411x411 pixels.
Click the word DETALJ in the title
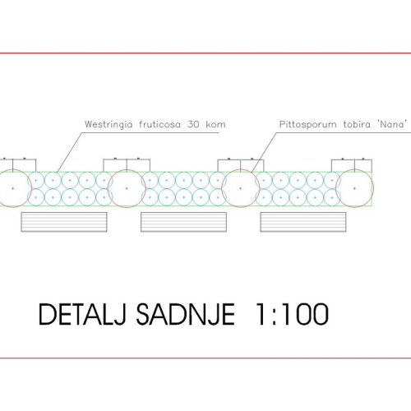pyautogui.click(x=81, y=314)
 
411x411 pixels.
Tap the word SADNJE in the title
pyautogui.click(x=186, y=314)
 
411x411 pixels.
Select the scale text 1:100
pyautogui.click(x=292, y=314)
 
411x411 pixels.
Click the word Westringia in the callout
pyautogui.click(x=109, y=125)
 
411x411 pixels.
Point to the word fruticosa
pyautogui.click(x=159, y=124)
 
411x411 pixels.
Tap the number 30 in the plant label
pyautogui.click(x=193, y=124)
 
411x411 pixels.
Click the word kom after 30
pyautogui.click(x=216, y=124)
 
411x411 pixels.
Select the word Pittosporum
pyautogui.click(x=307, y=125)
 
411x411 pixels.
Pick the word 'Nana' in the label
pyautogui.click(x=392, y=124)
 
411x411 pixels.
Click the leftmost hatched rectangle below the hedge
pyautogui.click(x=64, y=222)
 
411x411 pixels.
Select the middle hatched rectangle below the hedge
pyautogui.click(x=183, y=222)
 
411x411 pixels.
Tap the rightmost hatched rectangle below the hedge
pyautogui.click(x=303, y=222)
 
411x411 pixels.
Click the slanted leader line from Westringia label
pyautogui.click(x=70, y=152)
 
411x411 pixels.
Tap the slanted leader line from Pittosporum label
pyautogui.click(x=264, y=153)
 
